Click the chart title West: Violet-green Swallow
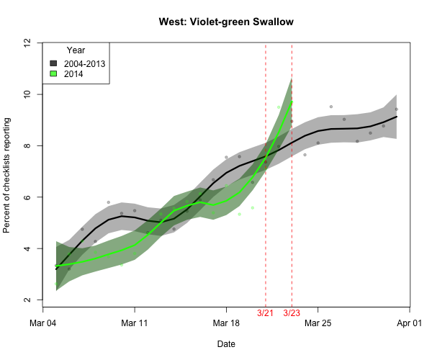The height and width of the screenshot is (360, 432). pyautogui.click(x=226, y=22)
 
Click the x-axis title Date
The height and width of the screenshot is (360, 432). pyautogui.click(x=226, y=344)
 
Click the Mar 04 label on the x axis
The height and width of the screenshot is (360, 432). pyautogui.click(x=42, y=323)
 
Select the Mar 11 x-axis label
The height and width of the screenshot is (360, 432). pyautogui.click(x=135, y=323)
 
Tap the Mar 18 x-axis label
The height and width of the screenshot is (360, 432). pyautogui.click(x=226, y=323)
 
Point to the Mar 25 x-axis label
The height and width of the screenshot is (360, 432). pyautogui.click(x=318, y=323)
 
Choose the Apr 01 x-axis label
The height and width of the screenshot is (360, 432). pyautogui.click(x=410, y=323)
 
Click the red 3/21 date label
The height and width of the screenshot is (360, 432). pyautogui.click(x=266, y=313)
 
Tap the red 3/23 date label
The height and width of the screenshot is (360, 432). pyautogui.click(x=292, y=313)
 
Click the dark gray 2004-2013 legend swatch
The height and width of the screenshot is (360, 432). pyautogui.click(x=53, y=63)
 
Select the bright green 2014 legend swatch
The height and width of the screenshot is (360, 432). pyautogui.click(x=53, y=73)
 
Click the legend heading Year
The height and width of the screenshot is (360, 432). pyautogui.click(x=76, y=50)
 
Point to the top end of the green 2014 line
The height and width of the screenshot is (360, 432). pyautogui.click(x=292, y=102)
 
